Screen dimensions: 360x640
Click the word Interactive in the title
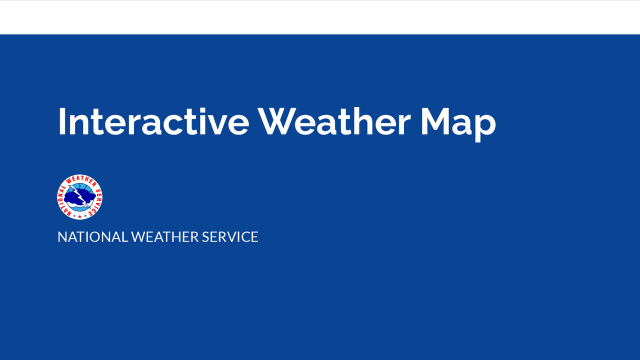point(153,121)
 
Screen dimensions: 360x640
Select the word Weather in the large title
point(334,121)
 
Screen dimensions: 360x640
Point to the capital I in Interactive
point(62,121)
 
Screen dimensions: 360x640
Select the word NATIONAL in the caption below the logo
point(92,237)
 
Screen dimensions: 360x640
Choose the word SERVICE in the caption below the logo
point(230,237)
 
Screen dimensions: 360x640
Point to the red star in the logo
point(71,215)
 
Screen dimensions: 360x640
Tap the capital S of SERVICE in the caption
point(205,237)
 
